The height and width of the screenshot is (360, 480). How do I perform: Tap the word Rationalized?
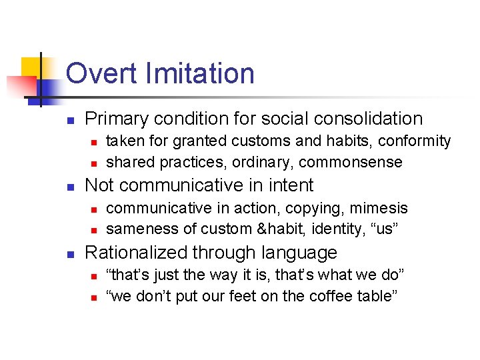pyautogui.click(x=137, y=253)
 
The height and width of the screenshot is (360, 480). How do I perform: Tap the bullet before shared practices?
pyautogui.click(x=94, y=163)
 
